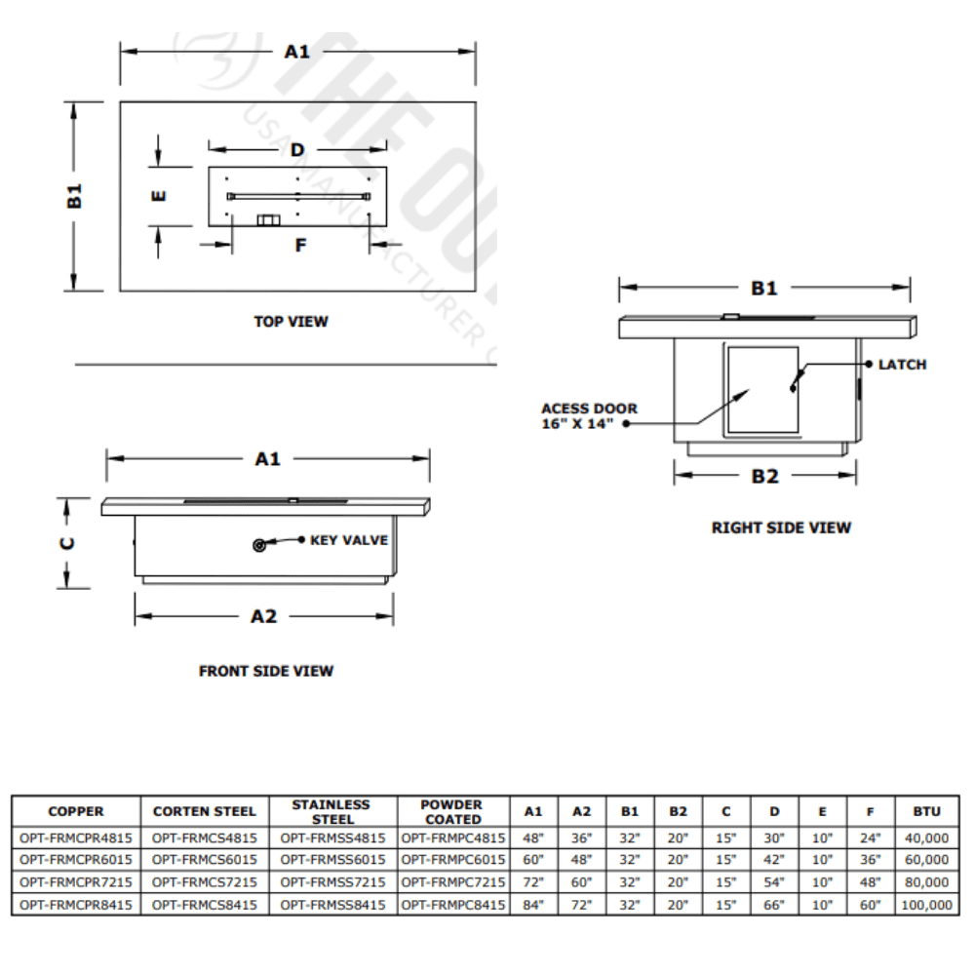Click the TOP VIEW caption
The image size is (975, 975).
pyautogui.click(x=291, y=321)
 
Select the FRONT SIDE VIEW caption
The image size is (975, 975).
pyautogui.click(x=266, y=671)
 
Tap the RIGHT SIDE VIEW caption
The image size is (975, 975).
pyautogui.click(x=781, y=527)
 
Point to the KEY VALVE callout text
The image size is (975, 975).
pyautogui.click(x=349, y=540)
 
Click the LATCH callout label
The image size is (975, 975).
pyautogui.click(x=902, y=365)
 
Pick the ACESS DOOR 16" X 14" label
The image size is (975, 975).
pyautogui.click(x=589, y=416)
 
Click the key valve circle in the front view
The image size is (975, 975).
pyautogui.click(x=259, y=546)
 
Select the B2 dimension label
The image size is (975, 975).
pyautogui.click(x=764, y=476)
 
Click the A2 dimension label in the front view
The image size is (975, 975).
pyautogui.click(x=264, y=616)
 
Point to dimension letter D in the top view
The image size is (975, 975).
pyautogui.click(x=297, y=150)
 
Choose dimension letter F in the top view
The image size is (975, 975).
pyautogui.click(x=300, y=245)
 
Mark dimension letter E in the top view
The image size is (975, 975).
pyautogui.click(x=159, y=195)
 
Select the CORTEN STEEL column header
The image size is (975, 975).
pyautogui.click(x=205, y=811)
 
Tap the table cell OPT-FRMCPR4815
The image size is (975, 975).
pyautogui.click(x=75, y=838)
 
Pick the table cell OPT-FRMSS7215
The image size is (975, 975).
pyautogui.click(x=333, y=882)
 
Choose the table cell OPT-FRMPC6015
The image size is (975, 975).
pyautogui.click(x=453, y=860)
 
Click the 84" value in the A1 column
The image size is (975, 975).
pyautogui.click(x=532, y=905)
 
